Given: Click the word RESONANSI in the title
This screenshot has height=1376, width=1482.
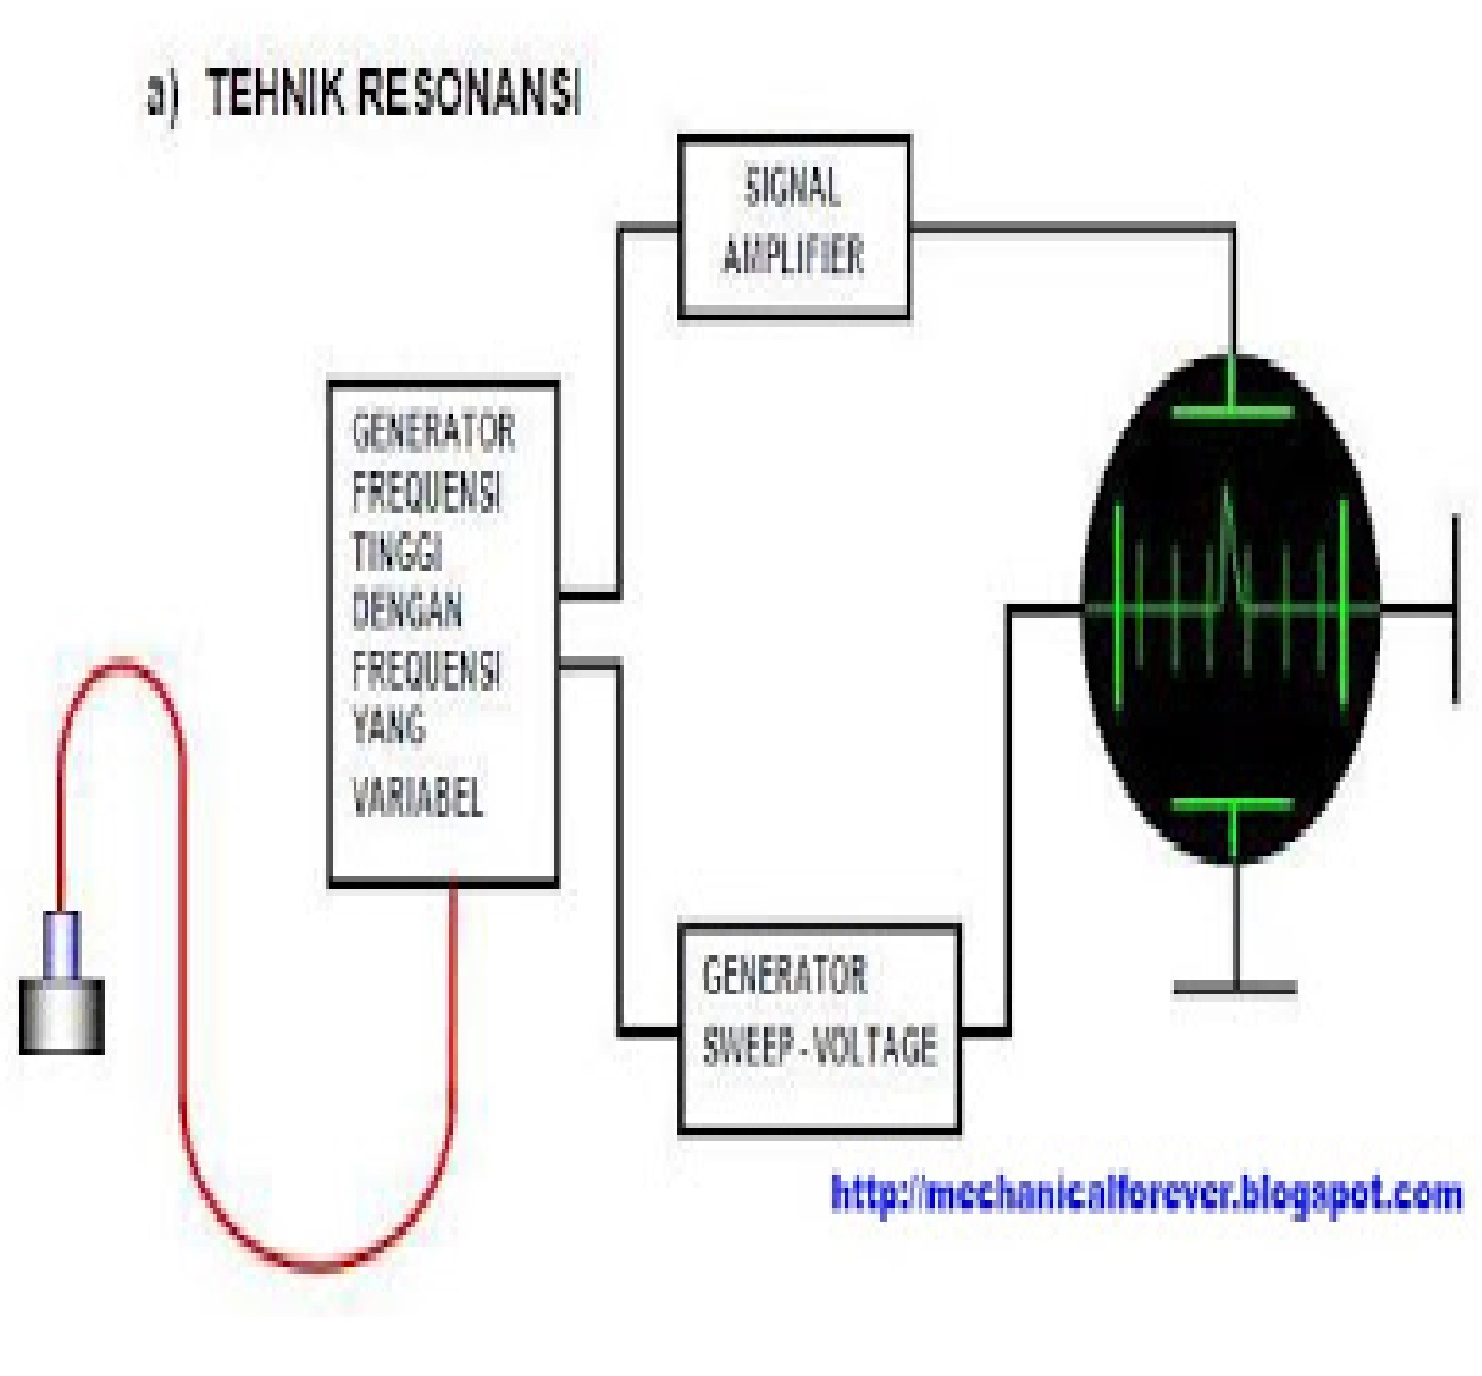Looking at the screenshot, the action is tap(470, 93).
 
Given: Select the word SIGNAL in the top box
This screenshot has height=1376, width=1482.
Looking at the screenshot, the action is tap(792, 187).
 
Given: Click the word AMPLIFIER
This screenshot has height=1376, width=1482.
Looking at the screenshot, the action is tap(793, 255).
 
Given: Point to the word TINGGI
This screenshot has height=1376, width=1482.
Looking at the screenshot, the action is tap(397, 552).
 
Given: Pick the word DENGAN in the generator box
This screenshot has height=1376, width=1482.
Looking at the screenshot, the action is tap(407, 611).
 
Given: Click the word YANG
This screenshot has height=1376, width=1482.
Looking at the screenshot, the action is tap(388, 726).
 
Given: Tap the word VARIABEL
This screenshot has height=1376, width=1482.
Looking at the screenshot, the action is tap(417, 798).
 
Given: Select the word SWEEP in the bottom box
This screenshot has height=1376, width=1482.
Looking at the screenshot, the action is tap(747, 1044).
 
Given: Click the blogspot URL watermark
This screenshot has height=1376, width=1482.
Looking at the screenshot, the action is tap(1147, 1195).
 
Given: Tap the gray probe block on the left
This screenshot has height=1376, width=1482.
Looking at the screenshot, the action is tap(62, 1016).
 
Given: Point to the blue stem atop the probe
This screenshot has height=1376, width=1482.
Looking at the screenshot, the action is tap(63, 945).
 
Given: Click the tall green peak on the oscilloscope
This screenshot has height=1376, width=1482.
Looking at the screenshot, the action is tap(1227, 545).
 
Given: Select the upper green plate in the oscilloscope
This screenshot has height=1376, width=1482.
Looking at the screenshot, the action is tap(1232, 412).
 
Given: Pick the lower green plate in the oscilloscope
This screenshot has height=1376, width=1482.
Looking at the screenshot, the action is tap(1232, 805).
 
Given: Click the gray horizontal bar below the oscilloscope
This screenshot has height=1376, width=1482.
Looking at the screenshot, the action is tap(1235, 987).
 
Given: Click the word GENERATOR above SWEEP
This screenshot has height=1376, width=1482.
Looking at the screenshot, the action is tap(784, 975).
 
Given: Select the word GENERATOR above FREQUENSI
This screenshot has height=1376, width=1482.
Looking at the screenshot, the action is tap(434, 431).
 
